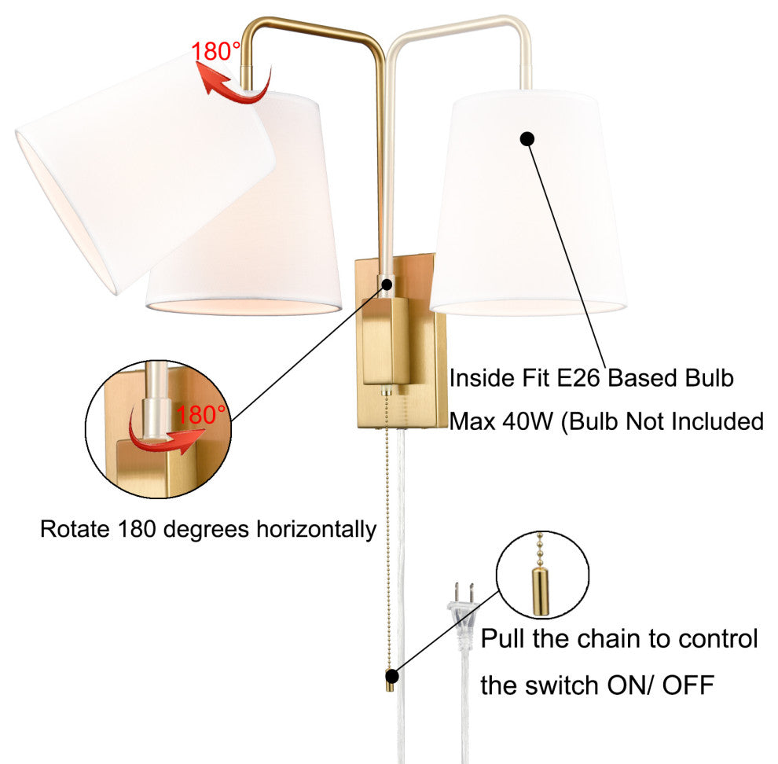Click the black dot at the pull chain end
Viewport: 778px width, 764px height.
(391, 674)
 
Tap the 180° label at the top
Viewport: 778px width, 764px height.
(215, 52)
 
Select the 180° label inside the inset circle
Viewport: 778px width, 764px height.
(201, 414)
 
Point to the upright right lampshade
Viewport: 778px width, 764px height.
(528, 204)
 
